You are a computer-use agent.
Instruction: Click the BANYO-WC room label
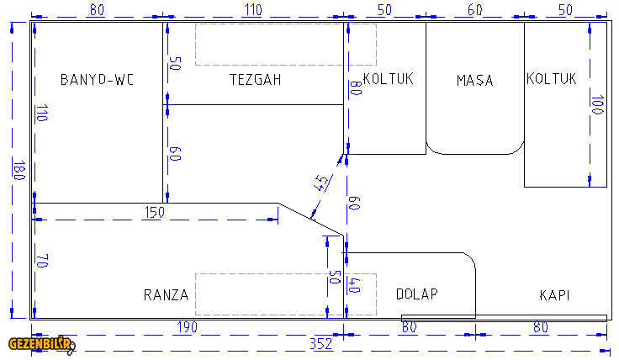click(98, 80)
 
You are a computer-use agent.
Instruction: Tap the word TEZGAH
click(255, 80)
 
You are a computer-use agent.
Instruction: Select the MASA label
click(474, 81)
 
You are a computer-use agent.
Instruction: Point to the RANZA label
click(166, 294)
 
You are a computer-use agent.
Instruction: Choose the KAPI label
click(555, 295)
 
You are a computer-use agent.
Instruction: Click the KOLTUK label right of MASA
click(552, 79)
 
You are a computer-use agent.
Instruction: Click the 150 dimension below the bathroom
click(154, 212)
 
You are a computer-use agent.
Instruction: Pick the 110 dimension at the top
click(253, 10)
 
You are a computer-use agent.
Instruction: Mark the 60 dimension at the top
click(475, 10)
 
